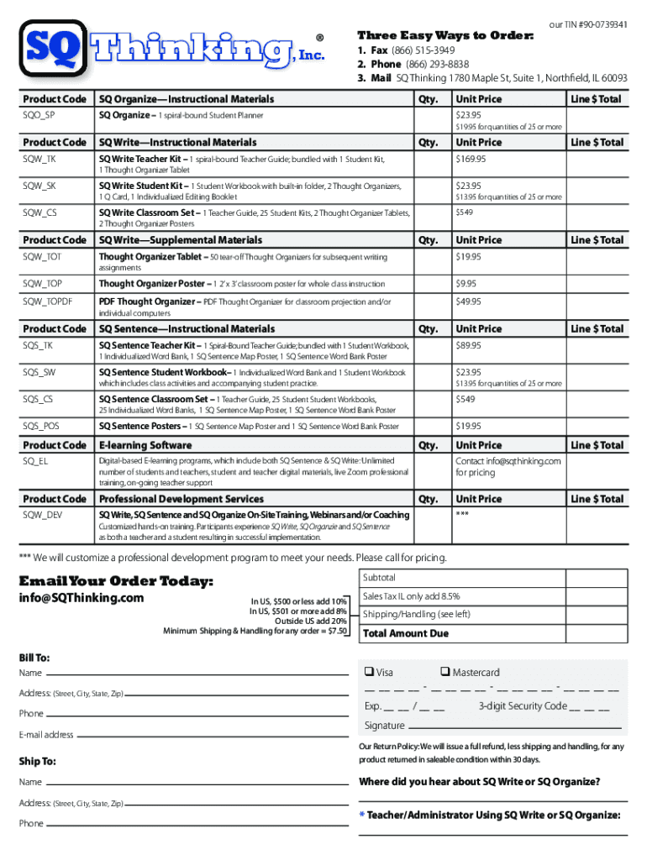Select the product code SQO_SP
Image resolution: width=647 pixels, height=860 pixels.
click(39, 115)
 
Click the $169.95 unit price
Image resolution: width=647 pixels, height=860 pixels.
click(471, 159)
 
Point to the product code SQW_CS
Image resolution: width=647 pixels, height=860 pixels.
click(40, 212)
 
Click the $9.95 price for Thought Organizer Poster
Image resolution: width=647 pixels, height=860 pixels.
click(466, 284)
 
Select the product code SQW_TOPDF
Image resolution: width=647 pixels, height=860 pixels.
click(47, 302)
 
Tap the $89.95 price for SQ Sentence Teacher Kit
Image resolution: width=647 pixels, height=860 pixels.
click(468, 345)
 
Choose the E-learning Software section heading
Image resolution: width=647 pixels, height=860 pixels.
click(145, 445)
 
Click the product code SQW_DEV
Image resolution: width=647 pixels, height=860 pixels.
click(42, 514)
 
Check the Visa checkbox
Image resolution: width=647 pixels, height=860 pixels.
click(369, 672)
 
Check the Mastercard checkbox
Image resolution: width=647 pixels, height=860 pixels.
click(444, 672)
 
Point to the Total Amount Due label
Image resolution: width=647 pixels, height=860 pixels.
click(405, 634)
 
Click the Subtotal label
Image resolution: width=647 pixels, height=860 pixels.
click(379, 578)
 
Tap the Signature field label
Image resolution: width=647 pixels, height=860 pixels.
click(384, 726)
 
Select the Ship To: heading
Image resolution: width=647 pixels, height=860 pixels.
click(38, 762)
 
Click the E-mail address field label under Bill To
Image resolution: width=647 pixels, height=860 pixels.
click(46, 735)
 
